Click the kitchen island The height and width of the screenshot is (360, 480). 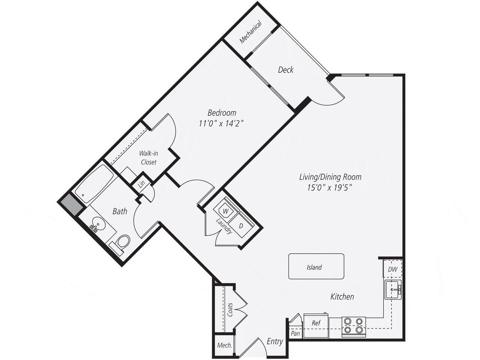coord(316,267)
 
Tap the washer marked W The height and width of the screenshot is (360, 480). coord(225,211)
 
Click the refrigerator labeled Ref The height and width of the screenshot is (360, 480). coord(316,323)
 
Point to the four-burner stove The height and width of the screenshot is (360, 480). coord(354,325)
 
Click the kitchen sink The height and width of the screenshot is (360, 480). coord(393,289)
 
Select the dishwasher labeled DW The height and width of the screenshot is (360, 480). coord(393,269)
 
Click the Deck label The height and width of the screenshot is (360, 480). coord(286,70)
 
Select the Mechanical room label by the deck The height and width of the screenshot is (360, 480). coord(250,31)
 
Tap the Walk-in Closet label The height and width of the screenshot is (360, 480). coord(148,157)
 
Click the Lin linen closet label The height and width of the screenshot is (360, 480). coord(141,184)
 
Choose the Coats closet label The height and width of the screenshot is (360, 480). coord(230,310)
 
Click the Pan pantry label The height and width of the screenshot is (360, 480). coord(295,333)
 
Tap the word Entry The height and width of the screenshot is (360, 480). coord(274,341)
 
